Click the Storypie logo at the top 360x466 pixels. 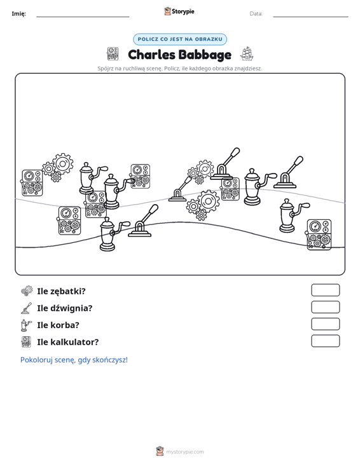tap(179, 11)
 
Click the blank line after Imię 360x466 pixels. tap(83, 17)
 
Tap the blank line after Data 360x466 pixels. tap(310, 17)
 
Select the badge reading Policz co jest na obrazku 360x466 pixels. tap(180, 39)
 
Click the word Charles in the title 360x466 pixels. tap(151, 55)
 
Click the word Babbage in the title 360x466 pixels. tap(205, 55)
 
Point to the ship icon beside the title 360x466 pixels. tap(247, 54)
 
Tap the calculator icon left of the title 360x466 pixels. tap(113, 54)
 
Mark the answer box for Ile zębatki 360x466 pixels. tap(326, 290)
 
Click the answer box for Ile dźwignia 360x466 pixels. tap(326, 307)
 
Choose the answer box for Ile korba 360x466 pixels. tap(326, 324)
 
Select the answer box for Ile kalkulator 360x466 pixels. tap(326, 341)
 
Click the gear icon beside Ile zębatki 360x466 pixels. tap(27, 291)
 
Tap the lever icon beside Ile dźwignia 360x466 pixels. tap(27, 308)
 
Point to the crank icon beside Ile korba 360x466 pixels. tap(26, 325)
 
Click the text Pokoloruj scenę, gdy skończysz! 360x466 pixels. tap(74, 360)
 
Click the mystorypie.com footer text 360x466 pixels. tap(185, 452)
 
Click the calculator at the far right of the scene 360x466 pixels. tap(319, 235)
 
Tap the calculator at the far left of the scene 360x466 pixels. tap(32, 182)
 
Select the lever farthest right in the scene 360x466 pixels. tap(287, 173)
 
